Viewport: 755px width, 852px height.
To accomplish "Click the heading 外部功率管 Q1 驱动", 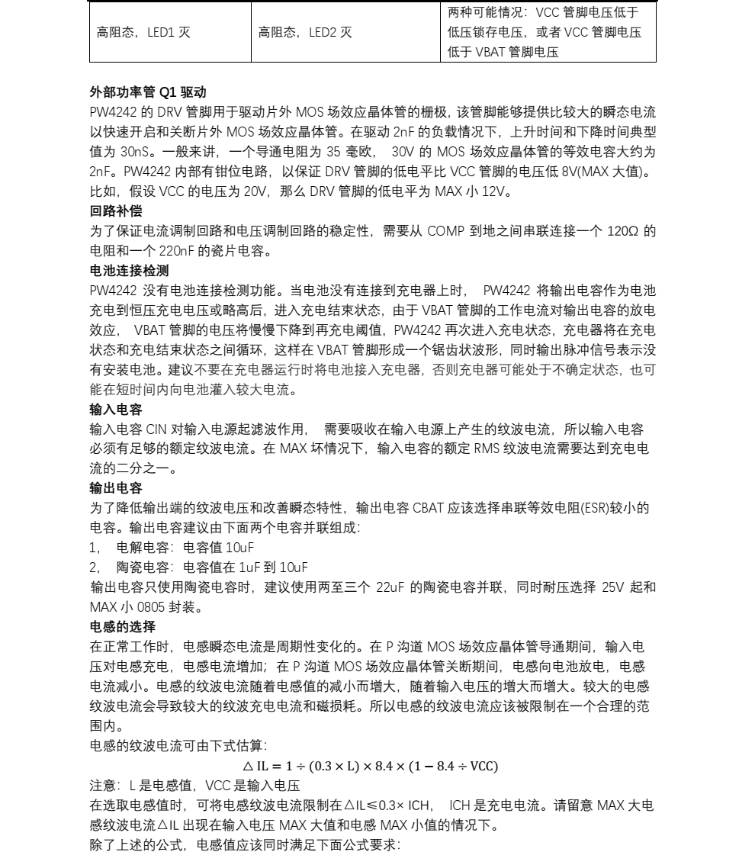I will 148,92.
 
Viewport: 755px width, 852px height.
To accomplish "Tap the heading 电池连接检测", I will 129,271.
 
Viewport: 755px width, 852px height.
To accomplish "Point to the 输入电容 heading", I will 116,410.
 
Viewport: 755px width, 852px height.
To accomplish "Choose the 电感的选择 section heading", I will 122,627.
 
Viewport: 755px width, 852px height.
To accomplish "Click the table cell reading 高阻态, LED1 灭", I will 143,32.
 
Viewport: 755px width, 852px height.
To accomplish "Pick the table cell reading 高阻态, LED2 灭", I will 305,32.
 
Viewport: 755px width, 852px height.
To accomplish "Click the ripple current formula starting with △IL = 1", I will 369,766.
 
